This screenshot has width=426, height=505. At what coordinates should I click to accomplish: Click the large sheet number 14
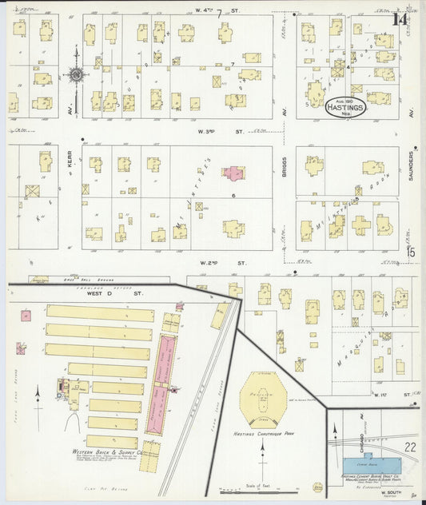401,20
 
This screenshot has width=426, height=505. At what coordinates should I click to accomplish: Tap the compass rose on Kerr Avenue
77,75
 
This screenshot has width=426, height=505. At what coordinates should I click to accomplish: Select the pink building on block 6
233,172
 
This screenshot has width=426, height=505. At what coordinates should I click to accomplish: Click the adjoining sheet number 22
409,447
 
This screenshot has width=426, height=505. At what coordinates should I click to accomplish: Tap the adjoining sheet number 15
411,253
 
